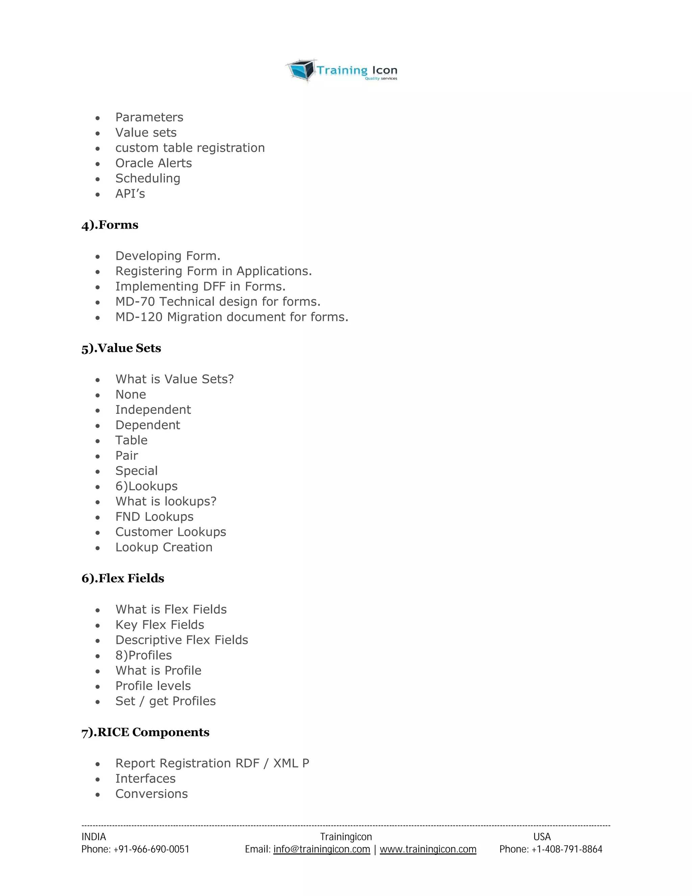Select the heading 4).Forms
pyautogui.click(x=110, y=225)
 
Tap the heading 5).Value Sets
pyautogui.click(x=121, y=348)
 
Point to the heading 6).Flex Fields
pyautogui.click(x=123, y=578)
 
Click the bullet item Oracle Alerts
pyautogui.click(x=153, y=163)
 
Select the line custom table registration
pyautogui.click(x=190, y=148)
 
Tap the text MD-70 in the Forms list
pyautogui.click(x=135, y=302)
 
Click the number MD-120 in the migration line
pyautogui.click(x=139, y=317)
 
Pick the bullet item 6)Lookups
pyautogui.click(x=146, y=486)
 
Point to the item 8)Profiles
pyautogui.click(x=144, y=655)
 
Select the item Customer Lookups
pyautogui.click(x=171, y=532)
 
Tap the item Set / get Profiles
pyautogui.click(x=165, y=701)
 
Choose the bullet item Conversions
pyautogui.click(x=151, y=794)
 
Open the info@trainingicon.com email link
pyautogui.click(x=321, y=849)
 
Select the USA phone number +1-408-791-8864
pyautogui.click(x=567, y=849)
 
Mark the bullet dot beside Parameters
pyautogui.click(x=98, y=118)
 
